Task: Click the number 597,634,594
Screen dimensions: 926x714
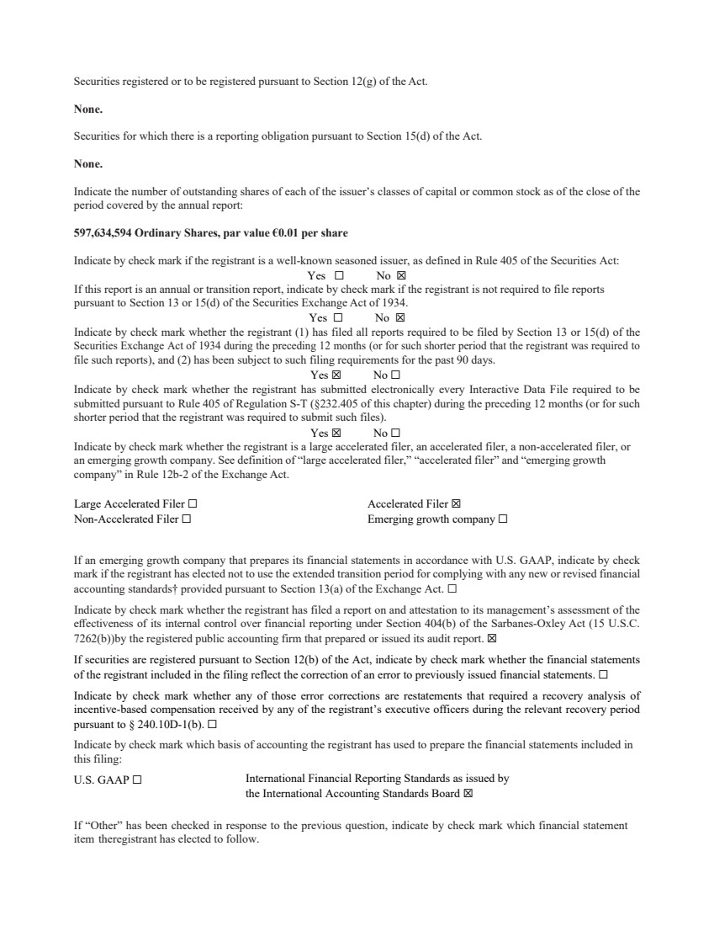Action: (x=102, y=232)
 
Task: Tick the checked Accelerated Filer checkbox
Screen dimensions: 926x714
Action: (x=457, y=504)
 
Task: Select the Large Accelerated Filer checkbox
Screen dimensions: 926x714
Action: (x=193, y=504)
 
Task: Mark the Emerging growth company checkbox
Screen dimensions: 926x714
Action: (x=502, y=519)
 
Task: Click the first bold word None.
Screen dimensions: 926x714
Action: (x=88, y=109)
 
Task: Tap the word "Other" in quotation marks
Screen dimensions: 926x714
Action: (x=100, y=826)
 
